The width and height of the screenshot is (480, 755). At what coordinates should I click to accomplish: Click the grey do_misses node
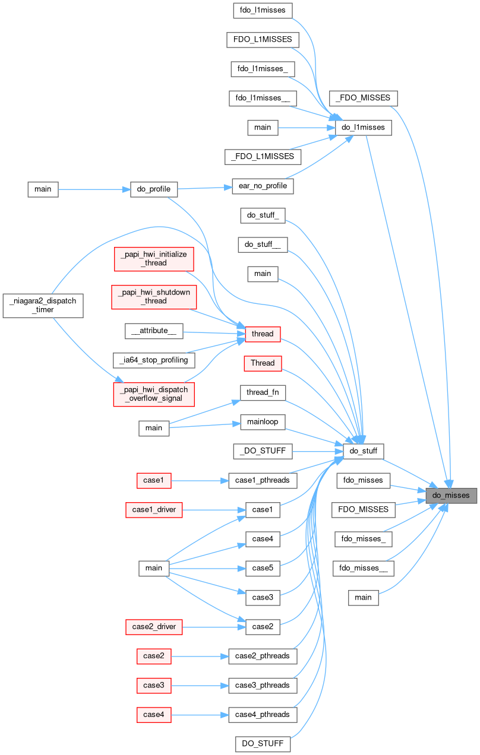pyautogui.click(x=451, y=495)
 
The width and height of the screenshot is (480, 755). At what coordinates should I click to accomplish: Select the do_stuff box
pyautogui.click(x=364, y=451)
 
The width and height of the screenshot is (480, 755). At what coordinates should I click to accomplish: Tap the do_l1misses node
pyautogui.click(x=364, y=127)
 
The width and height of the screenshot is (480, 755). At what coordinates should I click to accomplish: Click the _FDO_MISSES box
pyautogui.click(x=363, y=97)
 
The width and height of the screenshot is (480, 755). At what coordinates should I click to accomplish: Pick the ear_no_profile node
pyautogui.click(x=263, y=186)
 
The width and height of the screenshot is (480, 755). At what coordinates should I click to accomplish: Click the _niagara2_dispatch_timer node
pyautogui.click(x=43, y=305)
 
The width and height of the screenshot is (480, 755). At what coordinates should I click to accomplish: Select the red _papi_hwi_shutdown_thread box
pyautogui.click(x=154, y=296)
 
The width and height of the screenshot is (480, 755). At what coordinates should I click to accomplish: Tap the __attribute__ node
pyautogui.click(x=154, y=332)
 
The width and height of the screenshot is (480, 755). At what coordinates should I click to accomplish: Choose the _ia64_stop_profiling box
pyautogui.click(x=154, y=360)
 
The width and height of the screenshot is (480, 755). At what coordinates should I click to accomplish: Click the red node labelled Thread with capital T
pyautogui.click(x=262, y=363)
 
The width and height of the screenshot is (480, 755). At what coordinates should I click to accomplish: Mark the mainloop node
pyautogui.click(x=263, y=422)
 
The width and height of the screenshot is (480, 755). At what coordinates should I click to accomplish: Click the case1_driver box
pyautogui.click(x=154, y=509)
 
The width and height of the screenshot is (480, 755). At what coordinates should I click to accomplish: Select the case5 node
pyautogui.click(x=262, y=568)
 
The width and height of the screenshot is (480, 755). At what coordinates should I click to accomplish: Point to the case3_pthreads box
pyautogui.click(x=262, y=685)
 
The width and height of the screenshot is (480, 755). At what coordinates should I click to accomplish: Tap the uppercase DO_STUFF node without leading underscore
pyautogui.click(x=263, y=743)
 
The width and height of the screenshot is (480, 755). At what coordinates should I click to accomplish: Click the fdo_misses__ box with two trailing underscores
pyautogui.click(x=363, y=568)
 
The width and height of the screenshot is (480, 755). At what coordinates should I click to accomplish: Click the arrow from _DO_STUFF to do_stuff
pyautogui.click(x=318, y=451)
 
